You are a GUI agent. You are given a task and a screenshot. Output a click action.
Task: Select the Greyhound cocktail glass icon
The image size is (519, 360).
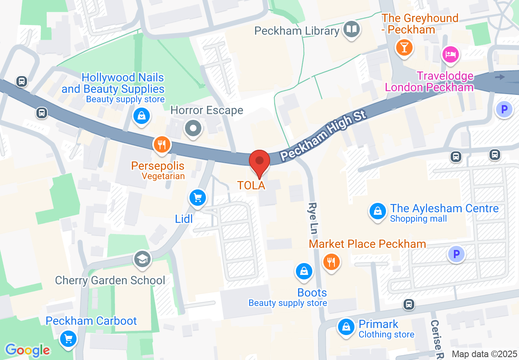pos(404,48)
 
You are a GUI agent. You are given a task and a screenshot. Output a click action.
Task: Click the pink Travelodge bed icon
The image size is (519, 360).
pos(450,54)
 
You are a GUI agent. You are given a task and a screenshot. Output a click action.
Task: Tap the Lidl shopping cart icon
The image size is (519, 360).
pos(198,198)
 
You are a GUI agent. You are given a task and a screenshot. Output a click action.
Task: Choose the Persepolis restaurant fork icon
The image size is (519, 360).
pos(162,144)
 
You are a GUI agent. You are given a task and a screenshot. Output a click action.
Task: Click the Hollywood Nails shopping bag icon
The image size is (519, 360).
pos(141,116)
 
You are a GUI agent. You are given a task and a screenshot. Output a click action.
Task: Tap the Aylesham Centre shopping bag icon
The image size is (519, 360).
pos(377,211)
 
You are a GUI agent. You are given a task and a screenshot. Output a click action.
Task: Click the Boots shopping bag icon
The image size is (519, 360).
pos(304,271)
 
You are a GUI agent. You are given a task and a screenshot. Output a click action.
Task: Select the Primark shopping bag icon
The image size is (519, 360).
pos(346,327)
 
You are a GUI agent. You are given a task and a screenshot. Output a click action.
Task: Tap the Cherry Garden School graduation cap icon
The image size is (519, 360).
pos(142,259)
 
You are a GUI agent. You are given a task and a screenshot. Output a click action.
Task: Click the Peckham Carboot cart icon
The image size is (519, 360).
pos(68,339)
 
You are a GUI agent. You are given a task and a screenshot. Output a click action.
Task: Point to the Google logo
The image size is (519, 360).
pos(28,350)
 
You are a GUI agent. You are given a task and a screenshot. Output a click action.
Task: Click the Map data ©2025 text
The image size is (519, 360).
pos(485,354)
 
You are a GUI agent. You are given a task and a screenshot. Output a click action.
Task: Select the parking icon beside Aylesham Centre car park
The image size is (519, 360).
pos(456,254)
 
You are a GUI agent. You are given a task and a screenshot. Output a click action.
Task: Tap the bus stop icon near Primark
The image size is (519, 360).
pos(408,304)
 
